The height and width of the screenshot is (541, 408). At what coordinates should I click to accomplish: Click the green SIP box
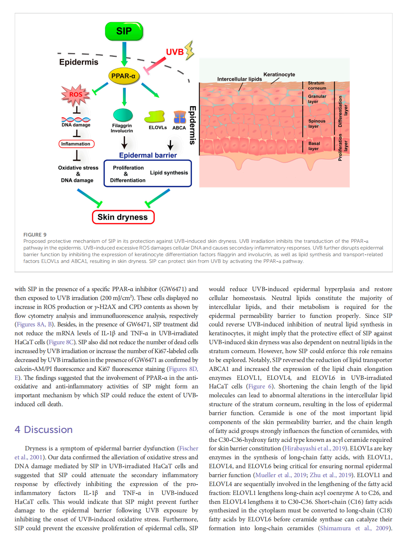[x=124, y=31]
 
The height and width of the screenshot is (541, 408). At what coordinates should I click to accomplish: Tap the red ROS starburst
[x=76, y=94]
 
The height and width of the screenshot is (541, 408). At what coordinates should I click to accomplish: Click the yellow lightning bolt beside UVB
[x=190, y=50]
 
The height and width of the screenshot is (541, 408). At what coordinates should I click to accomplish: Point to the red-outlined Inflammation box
[x=76, y=144]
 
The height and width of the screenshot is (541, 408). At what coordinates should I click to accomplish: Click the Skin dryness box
[x=123, y=217]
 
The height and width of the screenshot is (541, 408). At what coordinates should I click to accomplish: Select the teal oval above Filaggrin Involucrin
[x=123, y=115]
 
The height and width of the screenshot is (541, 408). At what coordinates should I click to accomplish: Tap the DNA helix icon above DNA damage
[x=76, y=120]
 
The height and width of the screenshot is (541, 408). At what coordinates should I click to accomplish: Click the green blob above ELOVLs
[x=155, y=117]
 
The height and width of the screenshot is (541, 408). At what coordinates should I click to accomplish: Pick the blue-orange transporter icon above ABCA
[x=180, y=117]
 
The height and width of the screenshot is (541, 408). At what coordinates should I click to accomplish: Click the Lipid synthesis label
[x=169, y=173]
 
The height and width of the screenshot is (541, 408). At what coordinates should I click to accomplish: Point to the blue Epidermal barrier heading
[x=148, y=155]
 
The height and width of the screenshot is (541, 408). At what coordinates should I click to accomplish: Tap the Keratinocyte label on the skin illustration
[x=279, y=75]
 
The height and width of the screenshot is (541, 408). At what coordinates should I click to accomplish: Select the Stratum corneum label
[x=317, y=86]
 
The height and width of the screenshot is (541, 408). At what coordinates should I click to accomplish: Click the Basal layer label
[x=314, y=146]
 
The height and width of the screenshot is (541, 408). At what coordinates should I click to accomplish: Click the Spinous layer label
[x=316, y=124]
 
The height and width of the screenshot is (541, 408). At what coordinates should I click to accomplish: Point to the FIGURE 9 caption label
[x=35, y=235]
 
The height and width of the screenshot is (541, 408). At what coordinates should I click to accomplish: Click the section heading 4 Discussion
[x=44, y=430]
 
